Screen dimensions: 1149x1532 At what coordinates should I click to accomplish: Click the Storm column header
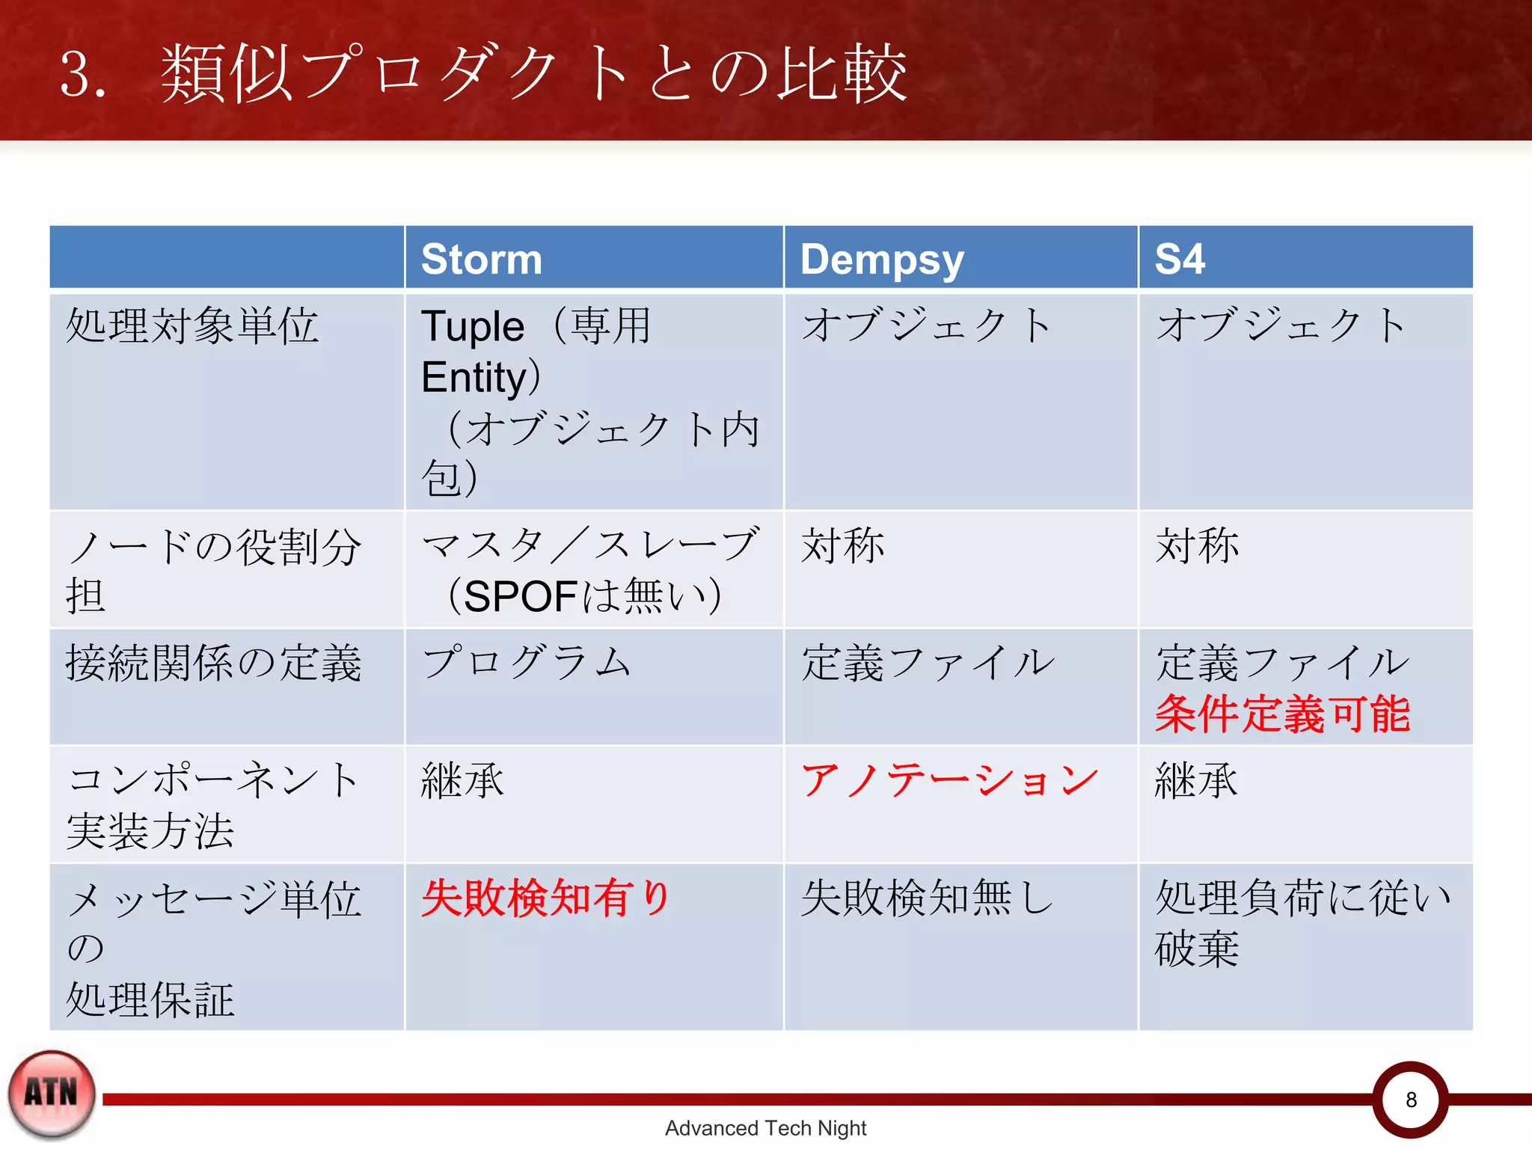(481, 259)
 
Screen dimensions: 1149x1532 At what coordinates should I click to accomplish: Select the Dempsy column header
(881, 260)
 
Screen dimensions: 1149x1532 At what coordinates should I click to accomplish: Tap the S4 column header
(1179, 259)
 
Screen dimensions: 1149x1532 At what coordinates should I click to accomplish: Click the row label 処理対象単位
(192, 326)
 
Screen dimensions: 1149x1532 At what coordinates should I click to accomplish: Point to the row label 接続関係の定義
(213, 663)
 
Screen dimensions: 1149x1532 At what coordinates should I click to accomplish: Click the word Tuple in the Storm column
(473, 327)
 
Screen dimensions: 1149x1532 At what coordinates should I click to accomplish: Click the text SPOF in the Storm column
(521, 596)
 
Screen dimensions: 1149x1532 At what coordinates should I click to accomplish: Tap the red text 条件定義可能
(1282, 714)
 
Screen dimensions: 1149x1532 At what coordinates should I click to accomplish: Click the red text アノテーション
(949, 781)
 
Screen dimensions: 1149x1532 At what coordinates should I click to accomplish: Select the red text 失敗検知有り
(545, 898)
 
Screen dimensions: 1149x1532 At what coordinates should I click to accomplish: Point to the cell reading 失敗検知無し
(926, 898)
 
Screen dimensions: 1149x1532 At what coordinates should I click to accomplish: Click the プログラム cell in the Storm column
(526, 663)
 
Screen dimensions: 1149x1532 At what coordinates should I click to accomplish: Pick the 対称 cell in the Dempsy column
(842, 545)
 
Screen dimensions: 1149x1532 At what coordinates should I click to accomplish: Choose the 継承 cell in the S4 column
(1196, 781)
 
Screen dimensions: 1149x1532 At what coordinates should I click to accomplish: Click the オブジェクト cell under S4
(1281, 326)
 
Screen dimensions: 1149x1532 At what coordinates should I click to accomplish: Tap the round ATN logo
(52, 1094)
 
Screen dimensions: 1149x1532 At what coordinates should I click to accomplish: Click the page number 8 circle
(1410, 1100)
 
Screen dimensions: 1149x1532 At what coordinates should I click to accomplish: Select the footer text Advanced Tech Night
(765, 1128)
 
